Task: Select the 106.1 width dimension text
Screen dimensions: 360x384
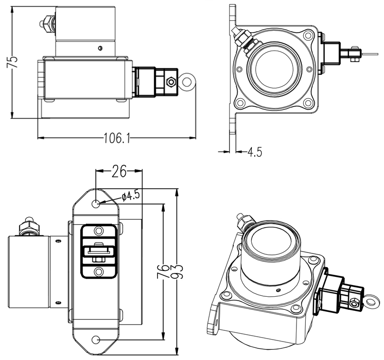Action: click(117, 138)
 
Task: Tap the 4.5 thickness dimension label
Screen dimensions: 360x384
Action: click(255, 152)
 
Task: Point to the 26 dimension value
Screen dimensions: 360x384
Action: click(119, 171)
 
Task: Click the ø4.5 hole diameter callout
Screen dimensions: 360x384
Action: click(131, 196)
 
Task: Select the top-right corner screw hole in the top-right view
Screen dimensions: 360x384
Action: click(307, 36)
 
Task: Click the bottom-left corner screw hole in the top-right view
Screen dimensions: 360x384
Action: click(239, 104)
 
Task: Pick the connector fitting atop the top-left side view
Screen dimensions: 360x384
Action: click(48, 22)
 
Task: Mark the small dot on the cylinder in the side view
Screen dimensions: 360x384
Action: click(100, 47)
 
